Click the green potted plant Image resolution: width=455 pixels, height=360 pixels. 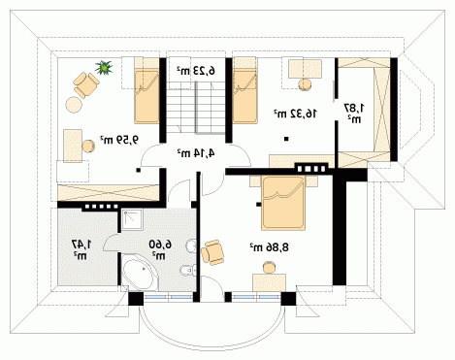pyautogui.click(x=104, y=67)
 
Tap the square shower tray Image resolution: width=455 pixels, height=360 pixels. pyautogui.click(x=132, y=219)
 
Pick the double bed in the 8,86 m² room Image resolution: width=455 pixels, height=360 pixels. pyautogui.click(x=283, y=203)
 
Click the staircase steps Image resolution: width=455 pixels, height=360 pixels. pyautogui.click(x=196, y=107)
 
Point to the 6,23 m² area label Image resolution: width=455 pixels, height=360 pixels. pyautogui.click(x=196, y=71)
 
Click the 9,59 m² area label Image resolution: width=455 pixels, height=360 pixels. pyautogui.click(x=118, y=140)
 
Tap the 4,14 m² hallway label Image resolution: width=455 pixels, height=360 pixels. pyautogui.click(x=196, y=152)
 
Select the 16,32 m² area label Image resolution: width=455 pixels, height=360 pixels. pyautogui.click(x=296, y=114)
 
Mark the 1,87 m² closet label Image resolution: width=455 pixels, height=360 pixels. pyautogui.click(x=354, y=113)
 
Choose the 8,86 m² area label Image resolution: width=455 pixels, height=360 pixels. pyautogui.click(x=269, y=247)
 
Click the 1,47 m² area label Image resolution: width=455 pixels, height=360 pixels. pyautogui.click(x=81, y=249)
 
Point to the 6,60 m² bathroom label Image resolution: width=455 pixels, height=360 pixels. pyautogui.click(x=160, y=249)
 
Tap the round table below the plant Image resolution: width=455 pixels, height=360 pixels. pyautogui.click(x=74, y=105)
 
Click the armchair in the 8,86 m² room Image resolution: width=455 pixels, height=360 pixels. pyautogui.click(x=212, y=252)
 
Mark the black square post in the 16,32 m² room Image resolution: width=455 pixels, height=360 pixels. pyautogui.click(x=286, y=139)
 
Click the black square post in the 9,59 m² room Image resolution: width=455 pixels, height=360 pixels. pyautogui.click(x=138, y=170)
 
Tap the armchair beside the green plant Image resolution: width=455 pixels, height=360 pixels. pyautogui.click(x=86, y=84)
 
